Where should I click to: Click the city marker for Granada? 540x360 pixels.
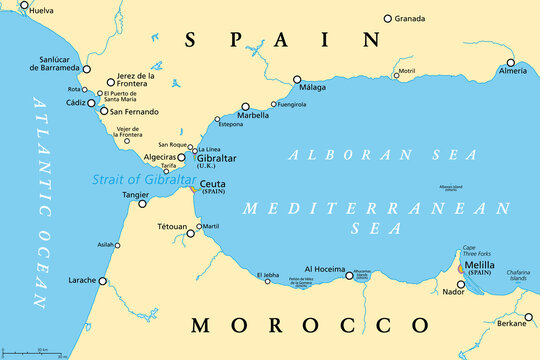[388, 18]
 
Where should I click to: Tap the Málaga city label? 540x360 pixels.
[315, 87]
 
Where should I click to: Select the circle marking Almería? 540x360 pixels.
[524, 62]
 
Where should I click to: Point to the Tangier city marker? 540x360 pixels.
[142, 203]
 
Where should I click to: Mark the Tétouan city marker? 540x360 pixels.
[195, 227]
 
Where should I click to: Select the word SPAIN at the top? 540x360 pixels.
[270, 38]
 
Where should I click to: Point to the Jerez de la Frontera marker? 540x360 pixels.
[111, 81]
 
